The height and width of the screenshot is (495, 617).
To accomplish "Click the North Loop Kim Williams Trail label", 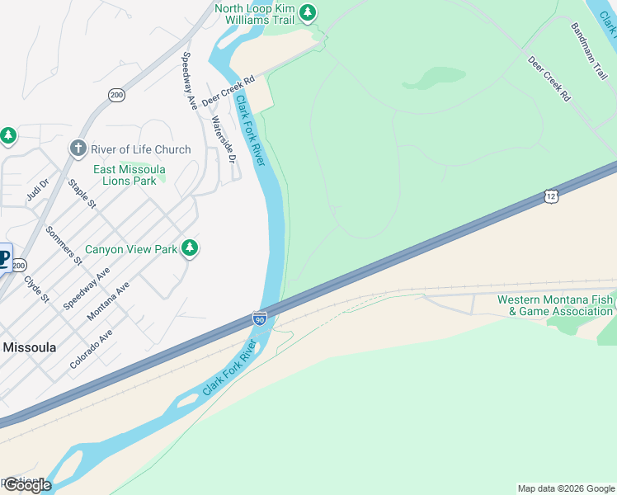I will (x=254, y=13).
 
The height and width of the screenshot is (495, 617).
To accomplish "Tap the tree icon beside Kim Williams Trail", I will (x=308, y=12).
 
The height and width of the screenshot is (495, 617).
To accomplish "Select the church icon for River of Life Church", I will (x=78, y=148).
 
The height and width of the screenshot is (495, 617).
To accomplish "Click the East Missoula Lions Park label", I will (x=125, y=175).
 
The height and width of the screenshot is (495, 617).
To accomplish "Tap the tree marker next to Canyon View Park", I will (x=191, y=248).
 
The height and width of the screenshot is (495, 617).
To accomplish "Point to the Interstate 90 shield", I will (x=259, y=318).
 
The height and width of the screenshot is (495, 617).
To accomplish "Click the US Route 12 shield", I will (x=551, y=196).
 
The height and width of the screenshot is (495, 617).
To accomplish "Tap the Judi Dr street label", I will (x=38, y=189).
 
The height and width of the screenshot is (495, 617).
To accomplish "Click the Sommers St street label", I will (x=64, y=245).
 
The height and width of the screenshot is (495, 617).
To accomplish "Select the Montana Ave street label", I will (x=108, y=299).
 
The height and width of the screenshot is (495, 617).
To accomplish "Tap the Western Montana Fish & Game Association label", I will (x=554, y=305).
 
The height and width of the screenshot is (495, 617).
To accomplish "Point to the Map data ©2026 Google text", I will (x=566, y=488).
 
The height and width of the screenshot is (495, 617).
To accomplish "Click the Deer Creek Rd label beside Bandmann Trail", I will (x=549, y=78).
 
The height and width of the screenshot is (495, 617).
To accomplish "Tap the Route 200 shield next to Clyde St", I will (x=19, y=265).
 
